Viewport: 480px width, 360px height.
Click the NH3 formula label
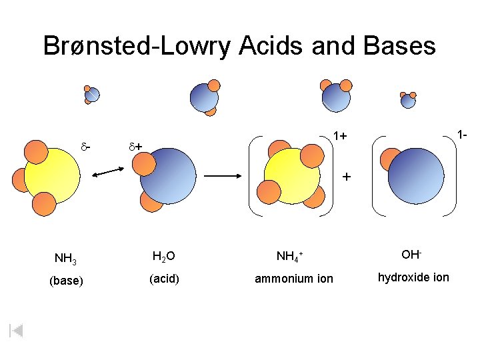click(x=65, y=258)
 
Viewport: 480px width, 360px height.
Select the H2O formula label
click(x=163, y=256)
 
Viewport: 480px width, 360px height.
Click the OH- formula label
click(x=411, y=255)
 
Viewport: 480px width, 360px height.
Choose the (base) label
click(x=66, y=281)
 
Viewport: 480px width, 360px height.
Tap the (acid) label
click(x=164, y=279)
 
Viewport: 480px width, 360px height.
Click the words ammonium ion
click(x=294, y=279)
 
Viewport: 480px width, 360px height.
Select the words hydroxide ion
click(x=413, y=277)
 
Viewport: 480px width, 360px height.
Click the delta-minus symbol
click(x=86, y=144)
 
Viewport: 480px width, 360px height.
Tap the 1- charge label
click(x=461, y=135)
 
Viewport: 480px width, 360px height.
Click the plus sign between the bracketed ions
click(x=346, y=177)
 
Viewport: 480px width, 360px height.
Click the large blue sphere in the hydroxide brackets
click(x=415, y=175)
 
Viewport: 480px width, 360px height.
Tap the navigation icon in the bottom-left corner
click(x=17, y=331)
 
